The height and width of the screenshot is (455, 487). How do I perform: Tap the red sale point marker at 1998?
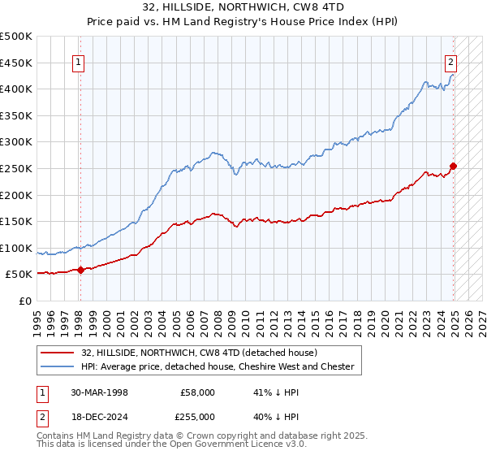click(x=80, y=271)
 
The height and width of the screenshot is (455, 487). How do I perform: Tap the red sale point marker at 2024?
click(x=453, y=167)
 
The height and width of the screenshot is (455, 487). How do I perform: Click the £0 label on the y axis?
click(x=24, y=301)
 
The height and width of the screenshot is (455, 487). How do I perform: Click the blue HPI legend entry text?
click(x=217, y=366)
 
